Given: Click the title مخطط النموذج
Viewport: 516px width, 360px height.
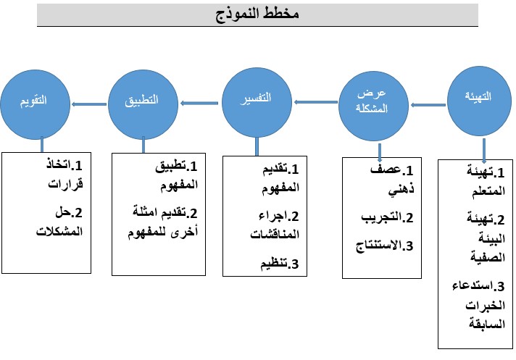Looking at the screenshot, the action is click(x=257, y=14).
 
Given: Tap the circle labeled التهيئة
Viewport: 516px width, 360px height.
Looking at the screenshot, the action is click(x=479, y=101).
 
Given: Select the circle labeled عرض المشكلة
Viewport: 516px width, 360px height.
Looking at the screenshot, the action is click(x=373, y=106).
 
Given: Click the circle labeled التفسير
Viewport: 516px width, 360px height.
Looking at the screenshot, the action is click(x=257, y=102).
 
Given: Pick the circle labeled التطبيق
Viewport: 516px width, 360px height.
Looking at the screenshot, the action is click(x=143, y=104).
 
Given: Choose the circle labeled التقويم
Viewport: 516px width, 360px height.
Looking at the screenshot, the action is click(x=36, y=104).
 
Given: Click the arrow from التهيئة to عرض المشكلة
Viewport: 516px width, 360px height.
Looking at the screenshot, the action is click(x=428, y=105).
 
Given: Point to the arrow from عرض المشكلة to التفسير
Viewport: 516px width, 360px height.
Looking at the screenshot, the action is click(x=316, y=102).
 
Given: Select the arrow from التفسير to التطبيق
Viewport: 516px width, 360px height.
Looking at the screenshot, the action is click(x=199, y=104).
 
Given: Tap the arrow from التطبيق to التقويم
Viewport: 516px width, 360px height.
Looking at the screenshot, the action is click(x=89, y=104).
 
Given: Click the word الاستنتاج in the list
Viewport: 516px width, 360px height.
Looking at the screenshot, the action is click(x=378, y=246).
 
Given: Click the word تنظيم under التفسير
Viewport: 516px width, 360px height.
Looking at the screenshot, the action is click(x=274, y=264).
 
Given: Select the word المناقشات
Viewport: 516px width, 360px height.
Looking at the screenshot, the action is click(x=275, y=235).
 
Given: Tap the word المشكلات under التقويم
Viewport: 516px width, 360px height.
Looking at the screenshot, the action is click(x=59, y=231).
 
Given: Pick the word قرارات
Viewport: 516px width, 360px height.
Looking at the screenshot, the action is click(x=65, y=184).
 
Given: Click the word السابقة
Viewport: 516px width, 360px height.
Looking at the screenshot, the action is click(x=487, y=324).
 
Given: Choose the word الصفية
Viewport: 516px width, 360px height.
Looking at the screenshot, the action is click(x=488, y=256).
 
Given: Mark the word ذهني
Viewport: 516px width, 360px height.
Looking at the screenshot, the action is click(x=401, y=190).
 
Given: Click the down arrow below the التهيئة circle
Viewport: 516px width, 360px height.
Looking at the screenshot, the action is click(x=484, y=151).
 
